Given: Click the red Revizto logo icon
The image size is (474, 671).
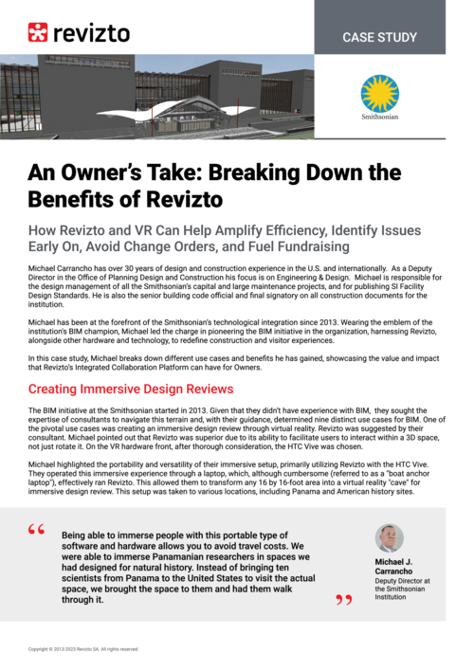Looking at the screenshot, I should [x=39, y=32].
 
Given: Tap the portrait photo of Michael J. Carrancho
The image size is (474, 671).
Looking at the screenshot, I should [x=390, y=538].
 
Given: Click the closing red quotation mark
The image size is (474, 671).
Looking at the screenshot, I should [x=343, y=600].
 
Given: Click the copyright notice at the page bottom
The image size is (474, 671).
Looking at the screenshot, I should [x=83, y=649].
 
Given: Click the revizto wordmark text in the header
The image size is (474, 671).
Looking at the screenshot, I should [x=92, y=33].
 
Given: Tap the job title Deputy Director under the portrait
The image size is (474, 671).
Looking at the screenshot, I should [x=403, y=580].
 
